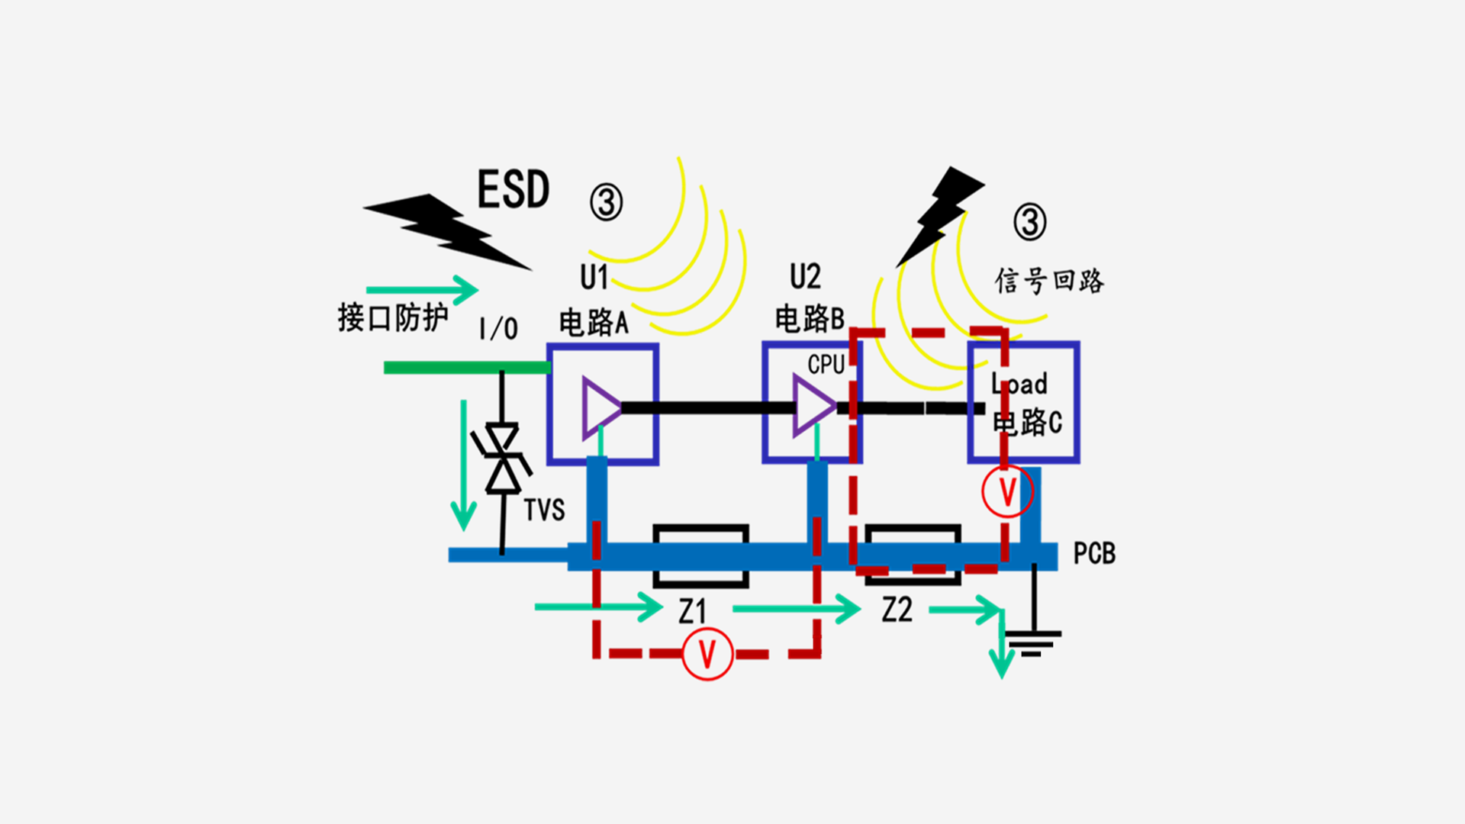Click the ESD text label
coord(513,190)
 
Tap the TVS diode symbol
coord(502,458)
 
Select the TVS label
coord(544,510)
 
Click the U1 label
coord(594,277)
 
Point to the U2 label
coord(805,276)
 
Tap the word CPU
coord(826,365)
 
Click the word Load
coord(1019,384)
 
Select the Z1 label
coord(693,611)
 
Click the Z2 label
coord(897,610)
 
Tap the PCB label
coord(1094,553)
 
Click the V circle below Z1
coord(707,654)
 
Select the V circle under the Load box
coord(1007,492)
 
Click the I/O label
coord(498,329)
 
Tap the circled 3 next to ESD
coord(606,202)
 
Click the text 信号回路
coord(1049,281)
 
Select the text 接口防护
coord(393,317)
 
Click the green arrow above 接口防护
coord(422,290)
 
